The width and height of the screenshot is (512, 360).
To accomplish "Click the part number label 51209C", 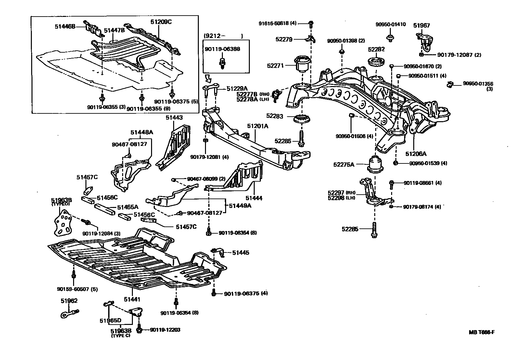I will click(x=161, y=22).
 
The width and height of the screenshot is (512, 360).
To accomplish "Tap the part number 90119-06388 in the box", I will click(x=222, y=49).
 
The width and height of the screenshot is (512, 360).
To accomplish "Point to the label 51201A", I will click(x=258, y=126).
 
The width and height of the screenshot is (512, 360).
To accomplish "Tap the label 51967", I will click(x=421, y=25).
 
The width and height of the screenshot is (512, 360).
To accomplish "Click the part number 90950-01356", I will click(x=478, y=84).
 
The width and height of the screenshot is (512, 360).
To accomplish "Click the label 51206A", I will click(x=416, y=154).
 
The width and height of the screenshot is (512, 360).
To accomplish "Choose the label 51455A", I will click(x=127, y=207).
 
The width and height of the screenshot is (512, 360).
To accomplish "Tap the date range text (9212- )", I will click(x=224, y=36).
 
